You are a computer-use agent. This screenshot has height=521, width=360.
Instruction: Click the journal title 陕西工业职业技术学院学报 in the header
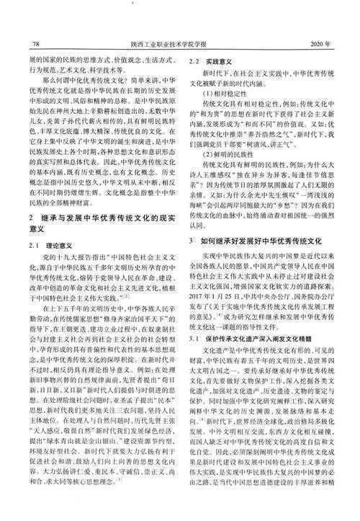(x=179, y=43)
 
